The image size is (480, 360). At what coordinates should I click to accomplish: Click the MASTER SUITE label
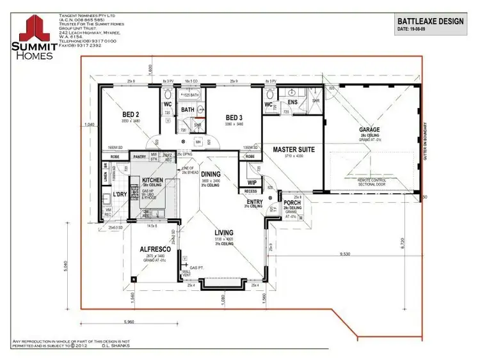click(293, 150)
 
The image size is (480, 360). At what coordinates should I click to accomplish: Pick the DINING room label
click(211, 173)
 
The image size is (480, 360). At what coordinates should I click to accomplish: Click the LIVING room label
click(224, 233)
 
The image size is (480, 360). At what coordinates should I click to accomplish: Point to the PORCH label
click(292, 203)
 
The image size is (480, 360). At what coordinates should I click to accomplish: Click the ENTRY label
click(253, 201)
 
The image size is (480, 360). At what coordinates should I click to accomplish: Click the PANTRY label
click(139, 156)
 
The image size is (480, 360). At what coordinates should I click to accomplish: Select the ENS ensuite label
click(292, 102)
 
